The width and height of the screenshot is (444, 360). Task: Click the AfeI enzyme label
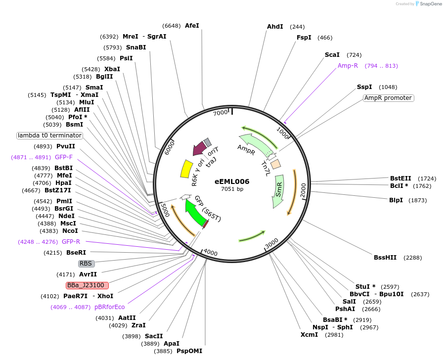click(x=192, y=25)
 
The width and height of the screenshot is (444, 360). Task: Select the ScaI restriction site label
click(x=332, y=54)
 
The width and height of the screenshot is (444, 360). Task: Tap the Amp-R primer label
click(x=348, y=65)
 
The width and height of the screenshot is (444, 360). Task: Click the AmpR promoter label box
click(x=388, y=98)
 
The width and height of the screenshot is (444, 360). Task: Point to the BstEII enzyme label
click(x=400, y=178)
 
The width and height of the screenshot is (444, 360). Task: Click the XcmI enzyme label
click(x=310, y=335)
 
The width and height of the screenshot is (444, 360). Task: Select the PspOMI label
click(x=189, y=351)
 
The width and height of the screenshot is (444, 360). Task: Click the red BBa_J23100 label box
click(x=88, y=285)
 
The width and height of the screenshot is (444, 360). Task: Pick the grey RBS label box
click(x=87, y=264)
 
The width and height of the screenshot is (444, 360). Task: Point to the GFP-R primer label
click(x=71, y=241)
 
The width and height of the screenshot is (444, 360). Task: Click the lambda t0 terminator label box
click(x=49, y=135)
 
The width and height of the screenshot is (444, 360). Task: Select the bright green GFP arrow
click(x=195, y=214)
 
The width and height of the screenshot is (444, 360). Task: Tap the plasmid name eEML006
click(x=232, y=181)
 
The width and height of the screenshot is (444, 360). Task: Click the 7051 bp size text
click(x=232, y=189)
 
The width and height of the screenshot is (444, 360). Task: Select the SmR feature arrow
click(x=279, y=191)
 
